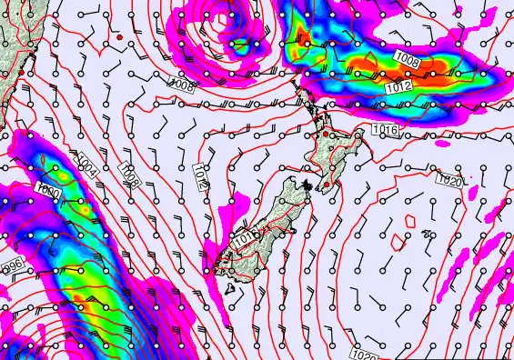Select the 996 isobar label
click(12, 265)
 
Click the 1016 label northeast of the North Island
click(387, 131)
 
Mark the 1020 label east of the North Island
click(450, 181)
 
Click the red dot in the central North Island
click(325, 135)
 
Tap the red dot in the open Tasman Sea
click(119, 37)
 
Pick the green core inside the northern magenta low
click(238, 43)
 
